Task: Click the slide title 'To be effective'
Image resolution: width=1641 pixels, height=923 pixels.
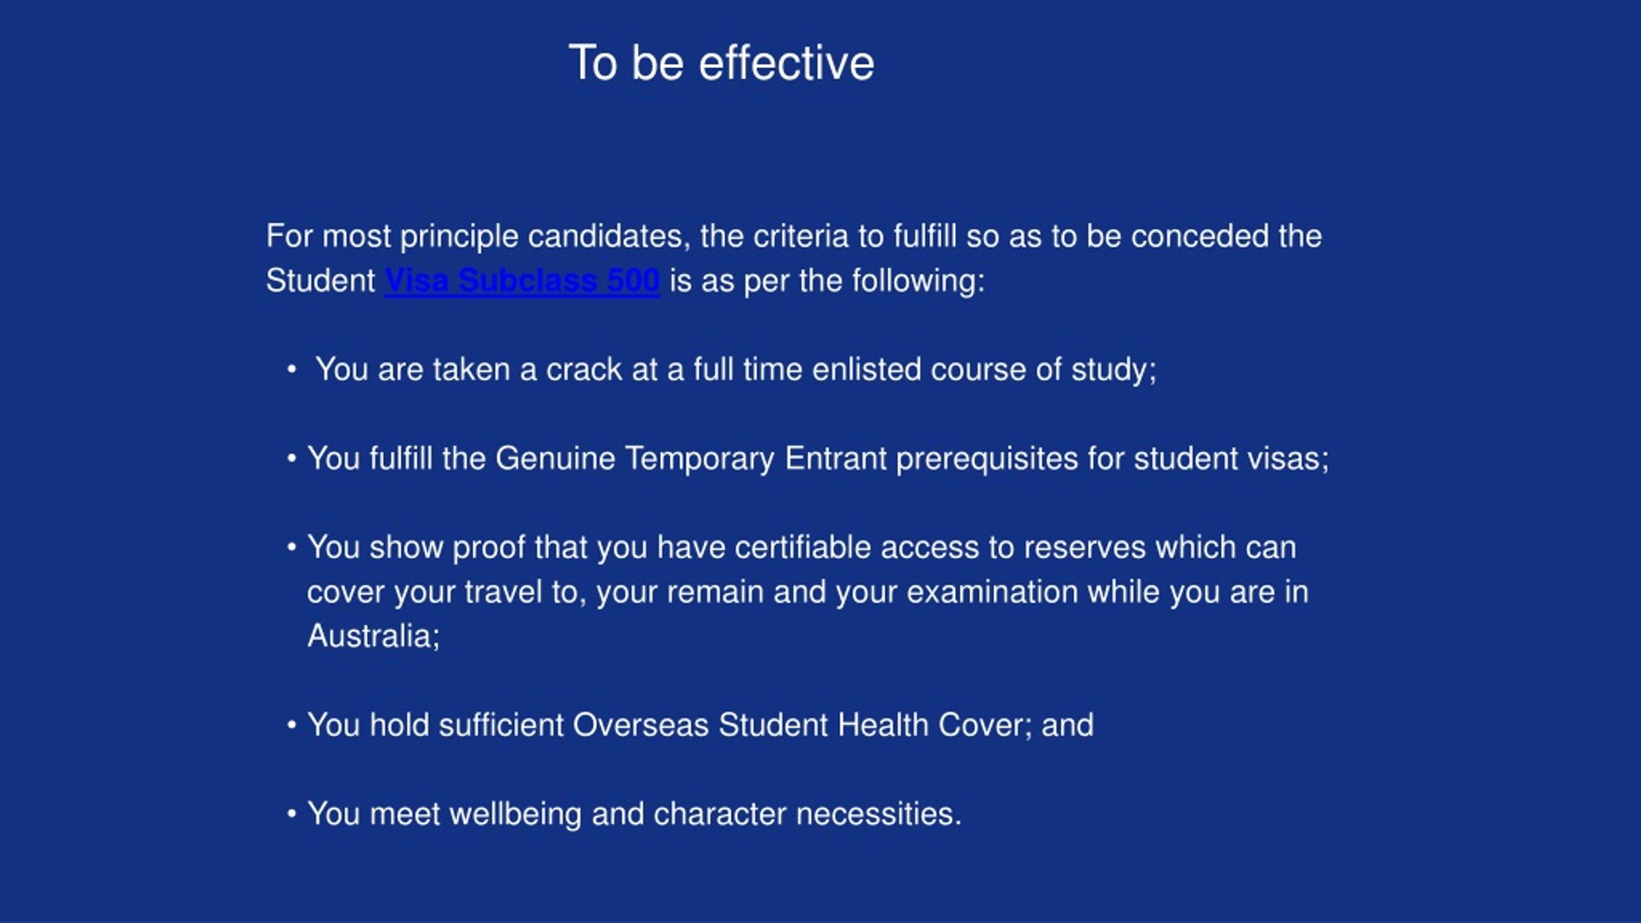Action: coord(721,63)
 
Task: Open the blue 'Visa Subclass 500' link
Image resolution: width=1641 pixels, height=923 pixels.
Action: coord(522,281)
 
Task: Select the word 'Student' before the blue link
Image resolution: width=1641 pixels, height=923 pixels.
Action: coord(321,281)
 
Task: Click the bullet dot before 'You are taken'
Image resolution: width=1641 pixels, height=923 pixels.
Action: coord(292,370)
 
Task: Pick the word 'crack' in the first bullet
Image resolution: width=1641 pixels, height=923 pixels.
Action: coord(584,370)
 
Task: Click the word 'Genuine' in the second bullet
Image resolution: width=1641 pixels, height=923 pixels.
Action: coord(555,458)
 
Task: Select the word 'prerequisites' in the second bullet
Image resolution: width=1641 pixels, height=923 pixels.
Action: coord(987,459)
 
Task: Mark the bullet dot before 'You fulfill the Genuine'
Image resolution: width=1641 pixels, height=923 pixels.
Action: coord(292,459)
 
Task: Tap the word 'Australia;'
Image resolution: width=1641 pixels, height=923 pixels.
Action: coord(374,636)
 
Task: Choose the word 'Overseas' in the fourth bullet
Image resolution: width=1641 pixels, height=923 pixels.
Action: coord(640,725)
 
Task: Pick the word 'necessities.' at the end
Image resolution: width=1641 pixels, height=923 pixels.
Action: coord(879,814)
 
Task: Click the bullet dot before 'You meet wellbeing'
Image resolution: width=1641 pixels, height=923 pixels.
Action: coord(292,814)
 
